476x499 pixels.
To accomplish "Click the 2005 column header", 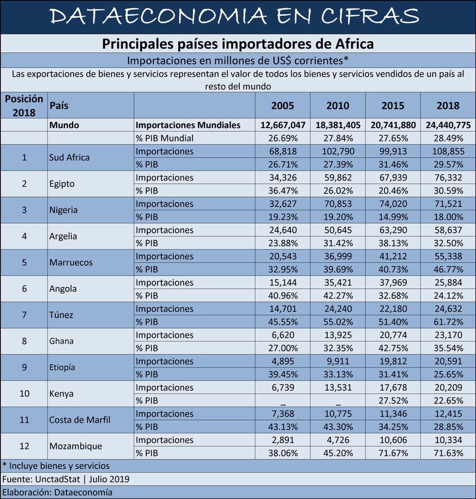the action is pos(283,106).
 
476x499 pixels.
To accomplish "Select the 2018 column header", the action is pos(448,106).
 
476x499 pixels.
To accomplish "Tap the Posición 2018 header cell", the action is pos(24,106).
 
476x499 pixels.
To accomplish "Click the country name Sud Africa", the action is pos(69,157).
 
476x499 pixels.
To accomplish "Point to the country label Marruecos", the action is pos(71,263).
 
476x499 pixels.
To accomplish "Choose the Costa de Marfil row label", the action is pos(80,420).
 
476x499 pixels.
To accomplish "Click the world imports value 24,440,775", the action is pos(448,126).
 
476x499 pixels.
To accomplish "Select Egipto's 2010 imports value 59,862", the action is pos(338,178).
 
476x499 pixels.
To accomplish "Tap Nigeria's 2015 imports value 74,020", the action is pos(393,204).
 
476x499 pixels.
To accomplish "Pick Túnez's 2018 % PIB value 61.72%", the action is pos(448,322).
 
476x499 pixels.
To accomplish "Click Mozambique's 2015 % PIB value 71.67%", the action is pos(393,453).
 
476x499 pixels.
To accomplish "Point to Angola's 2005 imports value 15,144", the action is pos(283,282).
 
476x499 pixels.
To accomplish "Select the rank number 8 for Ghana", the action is pos(24,341).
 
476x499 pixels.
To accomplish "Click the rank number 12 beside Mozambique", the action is pos(24,446).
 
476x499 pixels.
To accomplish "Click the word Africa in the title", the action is pos(354,44).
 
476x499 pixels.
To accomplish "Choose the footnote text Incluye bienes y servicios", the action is pos(59,466).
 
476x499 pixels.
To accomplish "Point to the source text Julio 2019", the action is pos(109,479).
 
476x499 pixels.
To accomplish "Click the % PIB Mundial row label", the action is pos(164,139).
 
